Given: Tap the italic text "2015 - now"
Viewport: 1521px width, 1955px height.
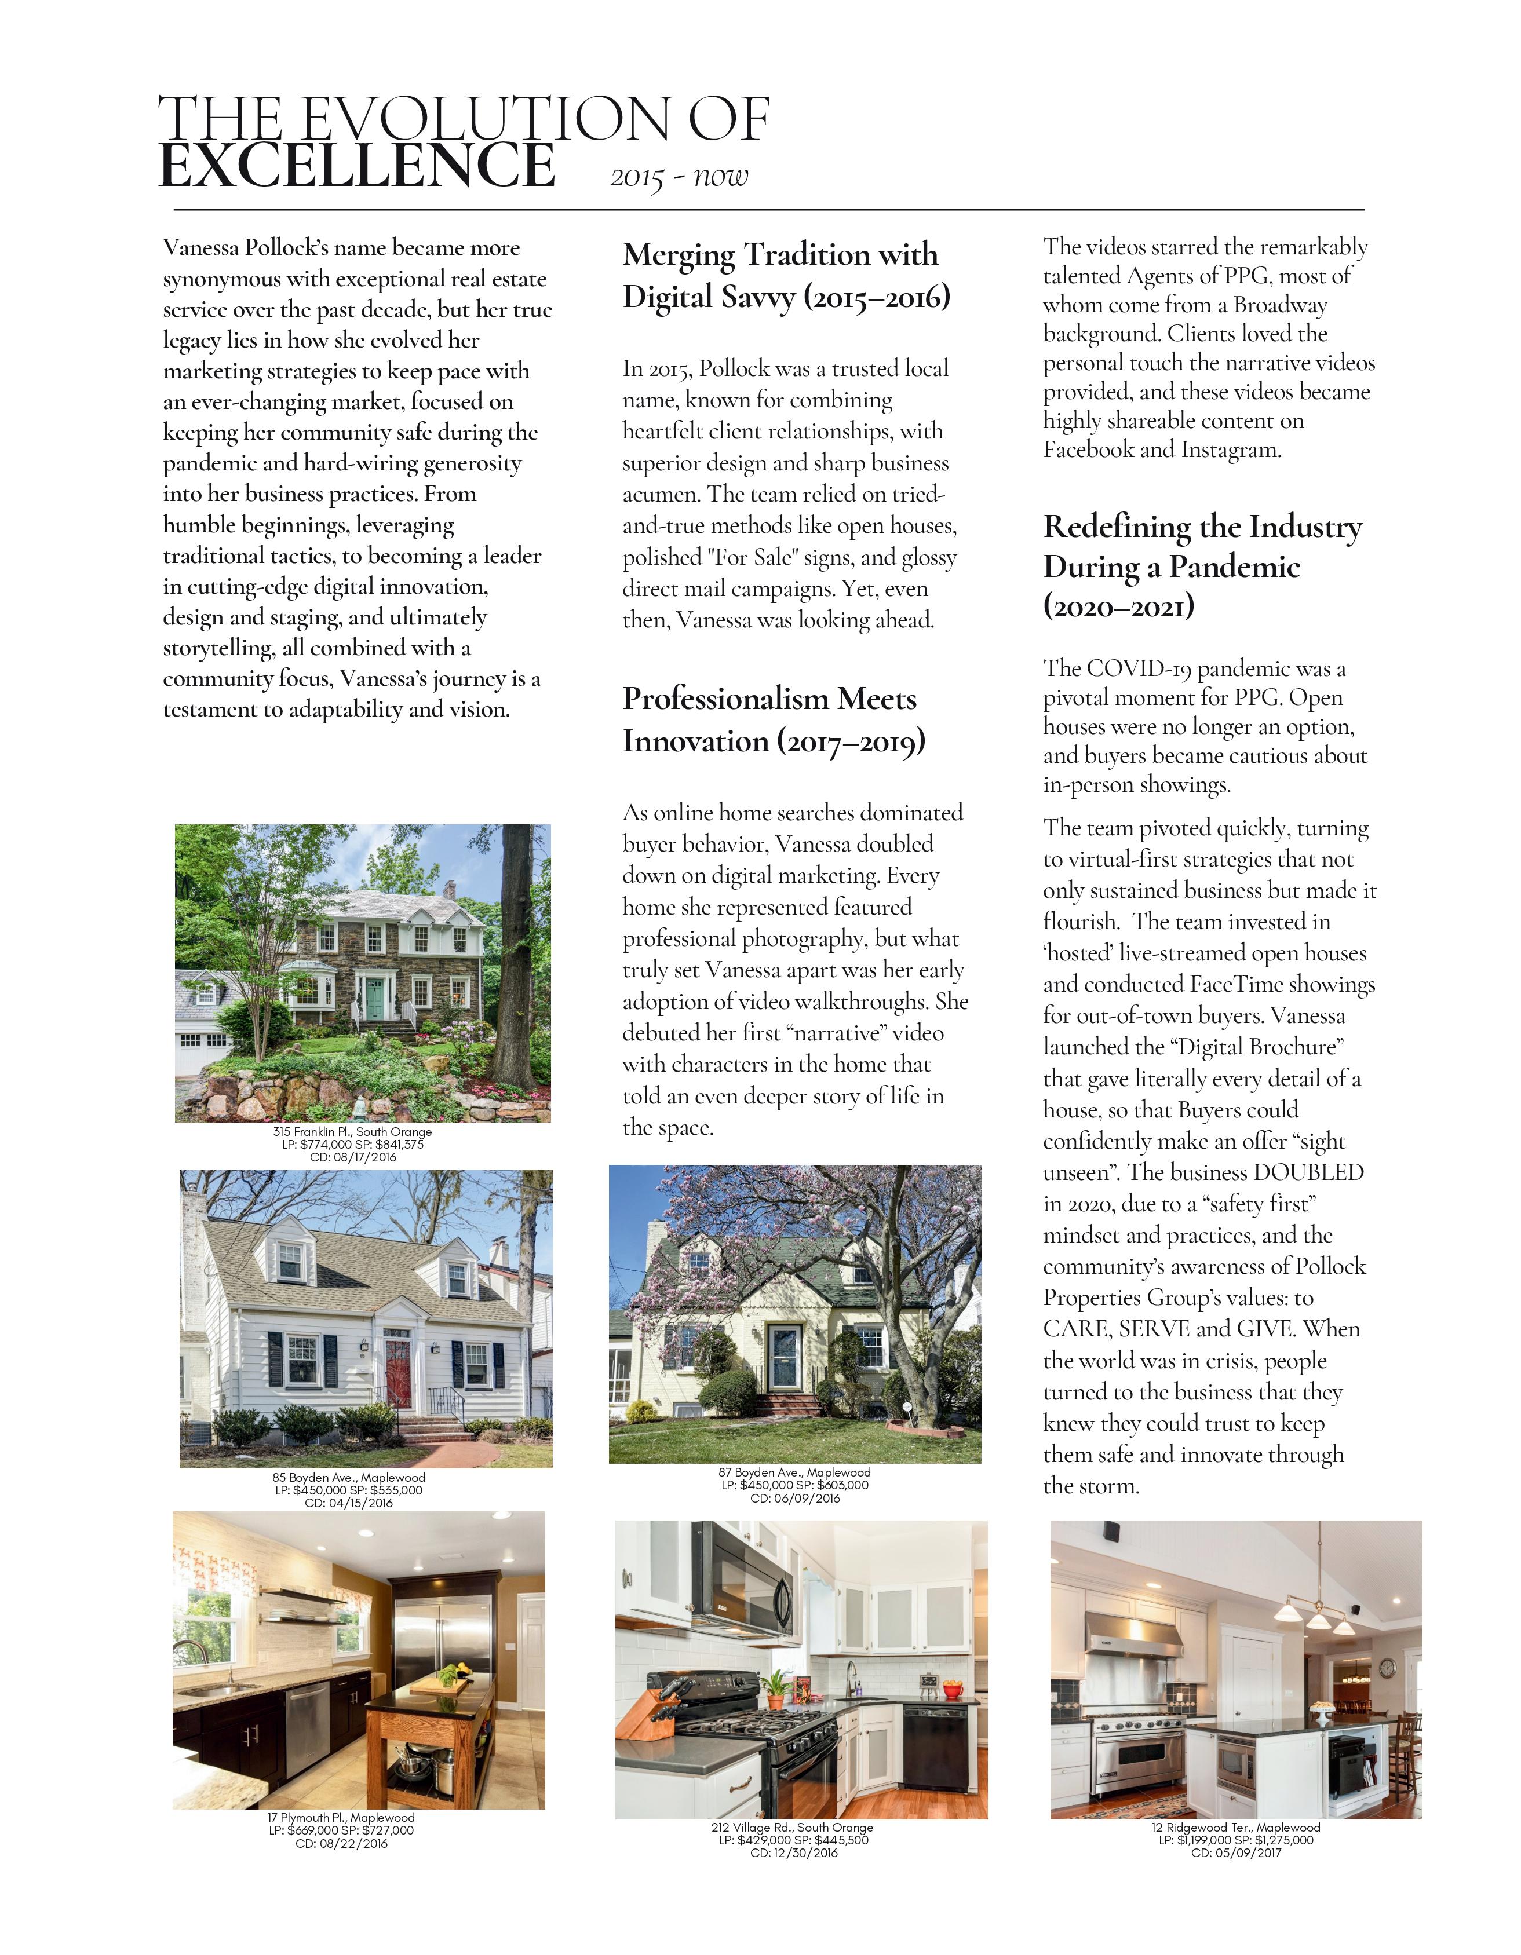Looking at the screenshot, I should (x=679, y=176).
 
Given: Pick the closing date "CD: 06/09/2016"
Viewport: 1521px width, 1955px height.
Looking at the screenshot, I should (x=795, y=1497).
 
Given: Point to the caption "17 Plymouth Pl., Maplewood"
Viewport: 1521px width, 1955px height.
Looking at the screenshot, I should (x=341, y=1817).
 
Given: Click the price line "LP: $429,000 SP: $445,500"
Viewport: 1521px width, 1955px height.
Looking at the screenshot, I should (x=793, y=1840).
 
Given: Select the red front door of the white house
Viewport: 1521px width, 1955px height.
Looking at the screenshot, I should (x=396, y=1364).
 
